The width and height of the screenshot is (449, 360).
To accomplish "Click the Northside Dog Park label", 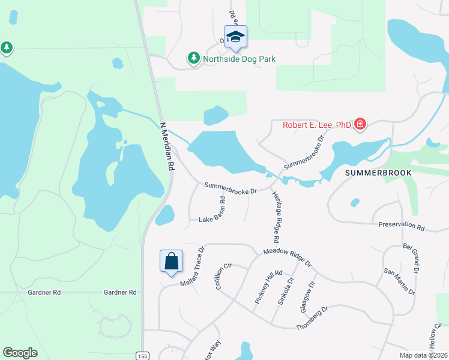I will coord(239,59).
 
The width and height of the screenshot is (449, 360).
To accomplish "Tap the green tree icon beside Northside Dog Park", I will coord(193,58).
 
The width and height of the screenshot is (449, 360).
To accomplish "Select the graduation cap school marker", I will coord(235,37).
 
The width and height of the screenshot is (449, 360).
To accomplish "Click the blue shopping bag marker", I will coord(171,261).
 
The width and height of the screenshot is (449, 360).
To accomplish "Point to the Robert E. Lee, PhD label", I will coord(317,125).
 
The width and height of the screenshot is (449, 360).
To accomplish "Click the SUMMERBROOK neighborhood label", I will coord(378,172).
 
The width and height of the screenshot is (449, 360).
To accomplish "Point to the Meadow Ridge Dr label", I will coord(287,257).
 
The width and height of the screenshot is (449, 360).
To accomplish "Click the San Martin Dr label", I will coord(400,281).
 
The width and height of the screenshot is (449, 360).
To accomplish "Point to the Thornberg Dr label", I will coord(312,319).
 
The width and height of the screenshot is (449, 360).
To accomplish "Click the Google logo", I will coord(20,353).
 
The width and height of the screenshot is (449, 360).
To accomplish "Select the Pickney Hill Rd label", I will coord(264,287).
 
